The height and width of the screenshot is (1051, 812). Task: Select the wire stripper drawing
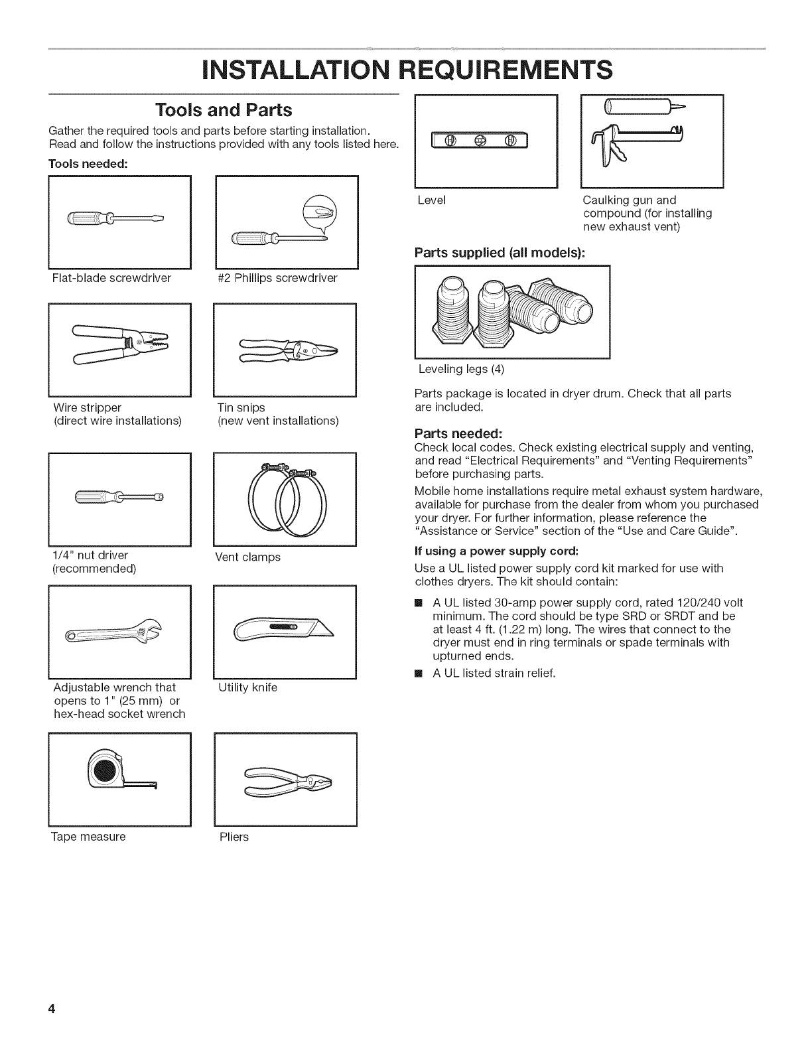point(120,344)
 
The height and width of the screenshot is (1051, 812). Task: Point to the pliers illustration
point(287,777)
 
